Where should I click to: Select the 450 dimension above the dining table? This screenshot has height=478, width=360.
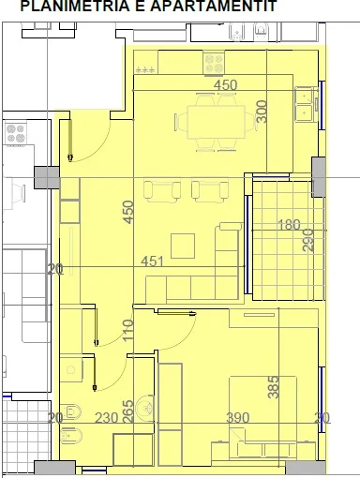point(226,85)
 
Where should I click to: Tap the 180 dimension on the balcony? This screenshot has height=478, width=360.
point(289,225)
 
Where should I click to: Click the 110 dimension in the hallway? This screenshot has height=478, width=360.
point(127,331)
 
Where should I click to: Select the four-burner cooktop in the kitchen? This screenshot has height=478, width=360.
point(213,65)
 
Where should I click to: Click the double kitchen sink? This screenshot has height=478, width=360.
point(304,103)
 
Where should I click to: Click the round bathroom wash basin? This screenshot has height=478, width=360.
point(144,408)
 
